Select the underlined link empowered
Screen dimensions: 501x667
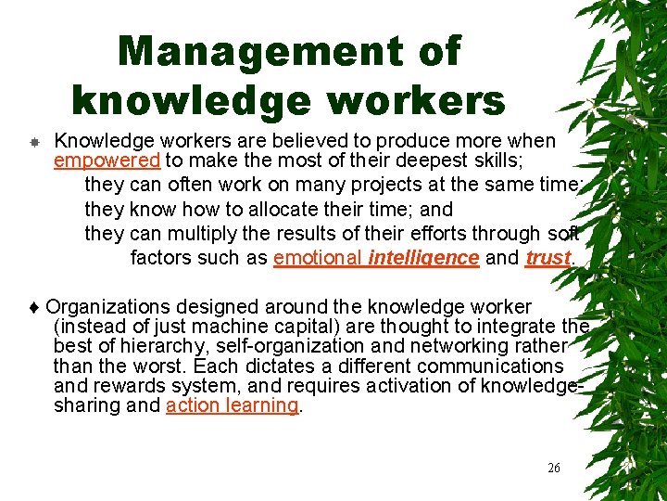click(x=107, y=161)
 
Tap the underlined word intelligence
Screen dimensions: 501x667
click(x=423, y=258)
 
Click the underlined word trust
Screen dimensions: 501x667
click(x=547, y=258)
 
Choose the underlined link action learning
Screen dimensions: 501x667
click(x=233, y=405)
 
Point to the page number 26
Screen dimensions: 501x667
click(x=554, y=468)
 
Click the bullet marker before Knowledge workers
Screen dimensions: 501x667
click(x=32, y=142)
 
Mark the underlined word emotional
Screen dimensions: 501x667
click(x=318, y=258)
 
